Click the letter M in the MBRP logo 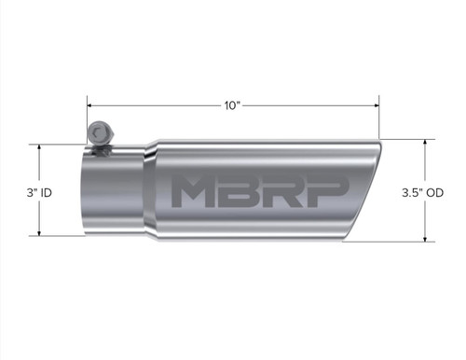pos(193,191)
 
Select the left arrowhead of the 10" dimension pos(90,105)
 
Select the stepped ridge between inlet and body pos(149,191)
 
